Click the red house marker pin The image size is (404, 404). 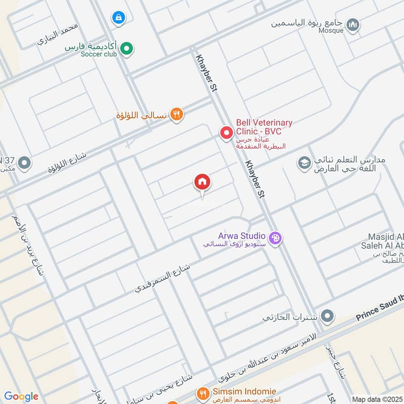(x=202, y=182)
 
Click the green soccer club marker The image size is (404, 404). (x=127, y=48)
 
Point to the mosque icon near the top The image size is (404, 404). (x=353, y=24)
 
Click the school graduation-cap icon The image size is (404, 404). (x=304, y=163)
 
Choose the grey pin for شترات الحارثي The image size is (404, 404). (x=328, y=317)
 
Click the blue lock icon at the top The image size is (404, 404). (x=118, y=18)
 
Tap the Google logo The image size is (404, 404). (x=21, y=396)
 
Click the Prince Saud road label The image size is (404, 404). (x=380, y=308)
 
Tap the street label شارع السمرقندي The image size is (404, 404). (x=163, y=277)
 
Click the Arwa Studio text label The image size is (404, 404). (x=242, y=235)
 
